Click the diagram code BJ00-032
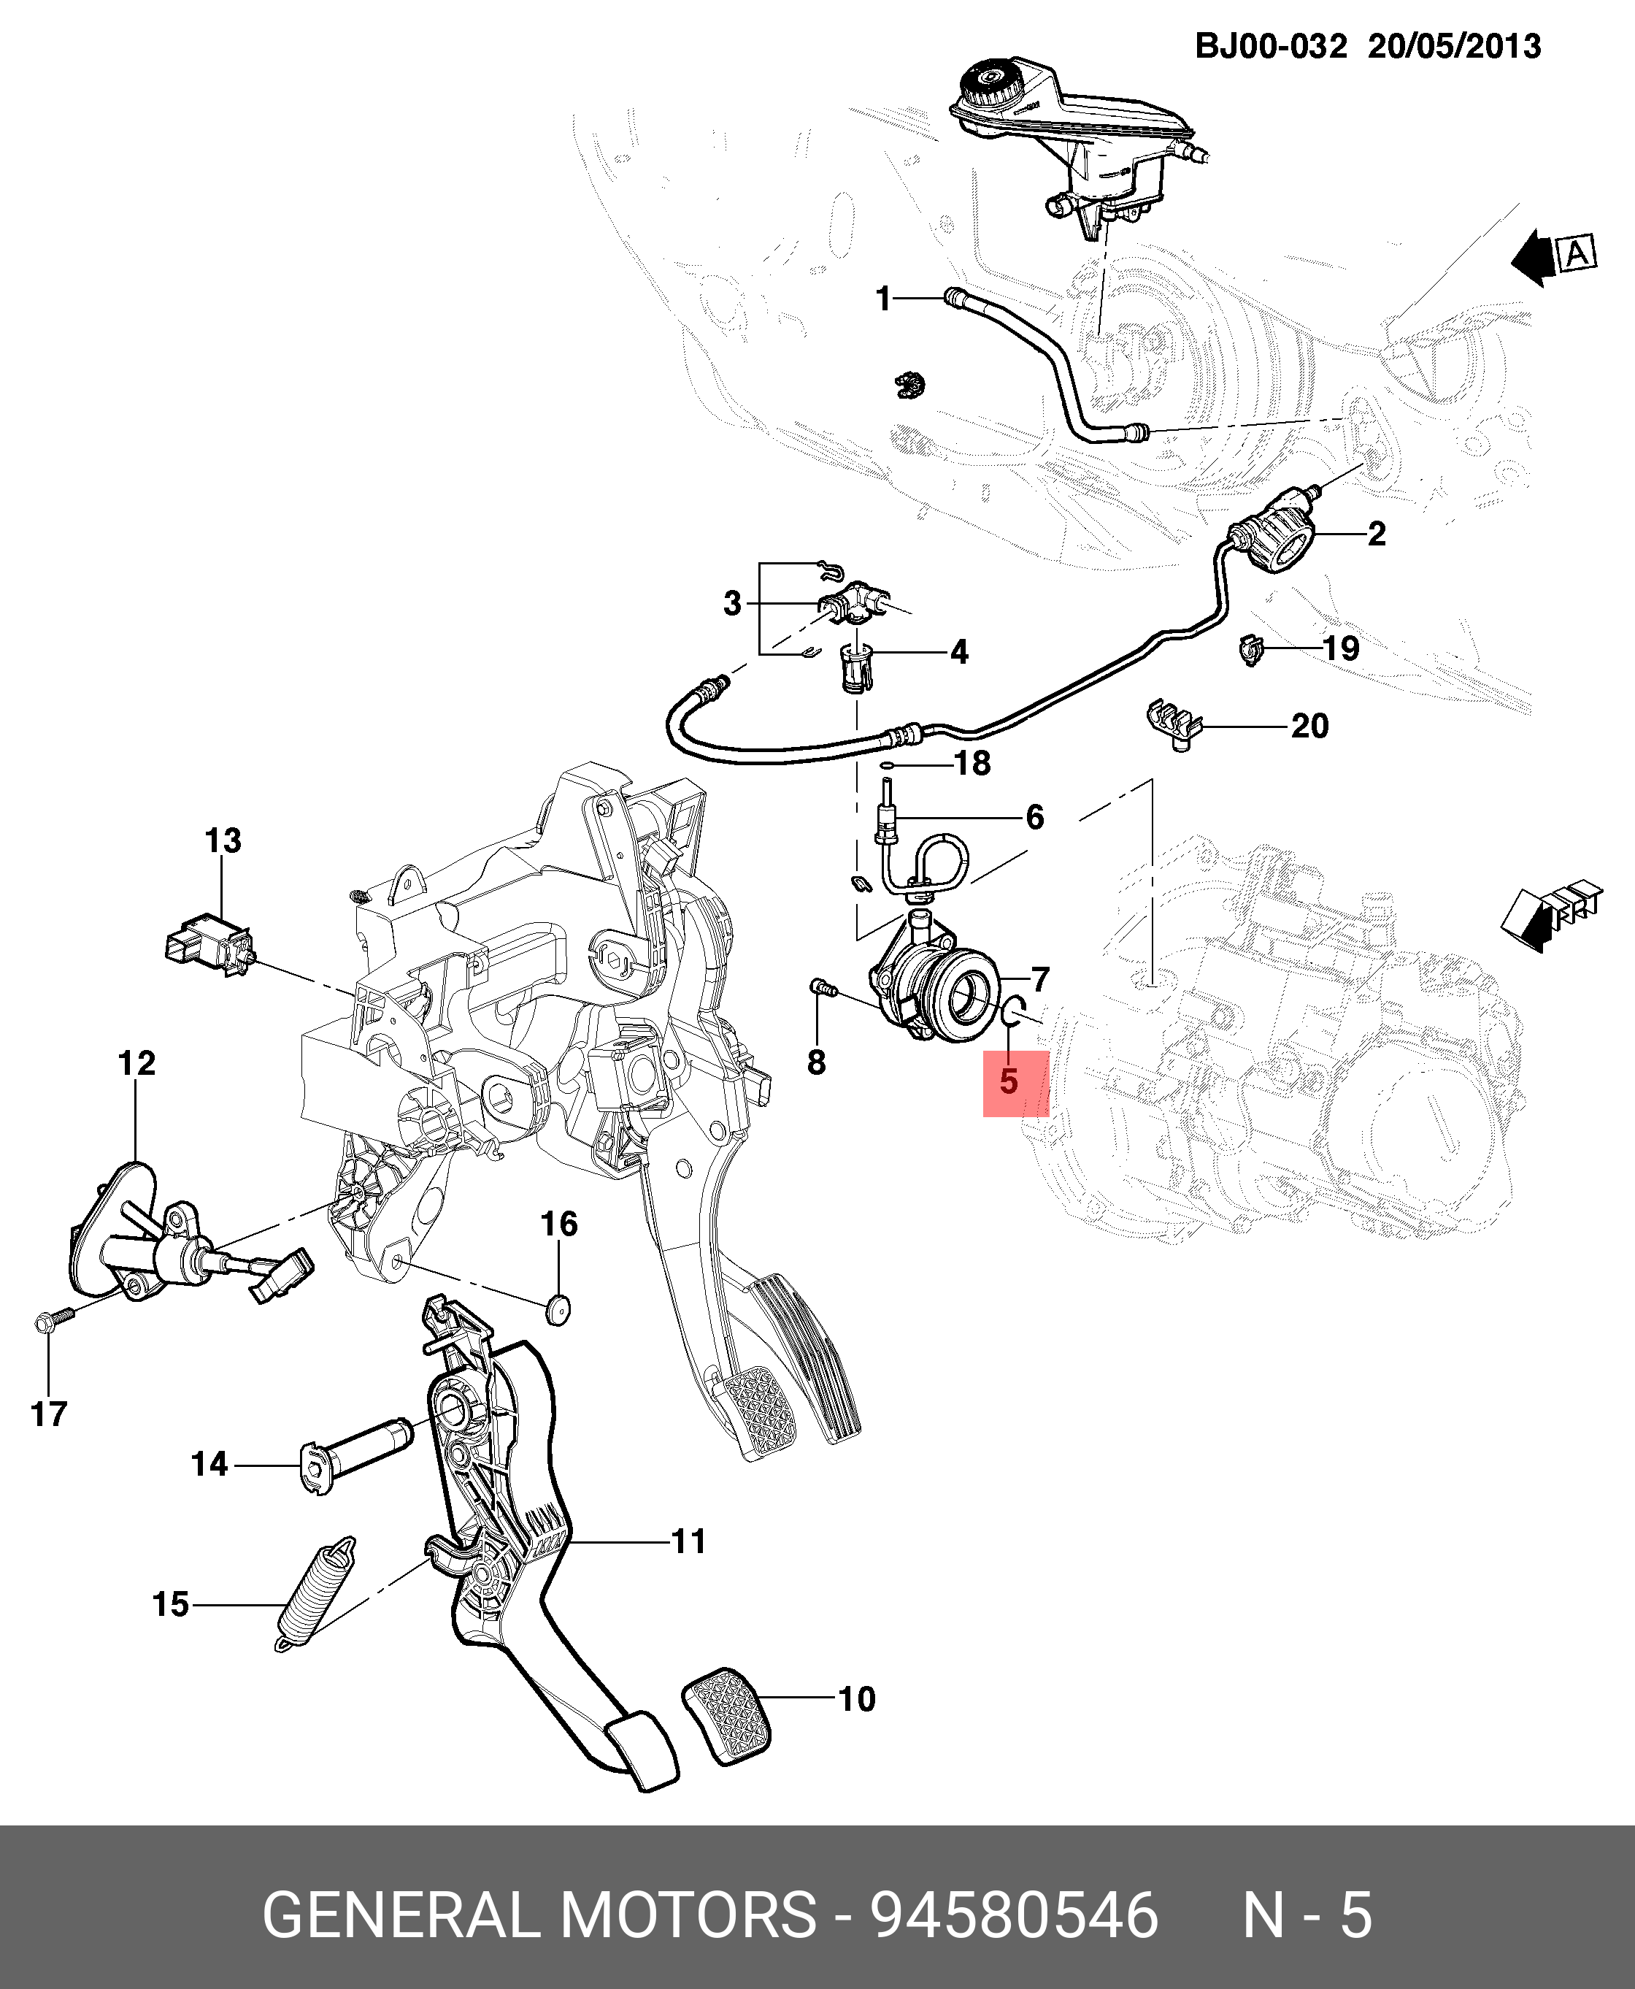[1271, 46]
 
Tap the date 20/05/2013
[1454, 46]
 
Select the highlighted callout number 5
[1009, 1081]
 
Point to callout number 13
[223, 840]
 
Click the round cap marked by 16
[558, 1308]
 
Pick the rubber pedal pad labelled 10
[726, 1717]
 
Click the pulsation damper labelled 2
[1275, 539]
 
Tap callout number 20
[1309, 727]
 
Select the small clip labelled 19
[1251, 649]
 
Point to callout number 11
[688, 1541]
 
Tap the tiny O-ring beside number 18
[886, 765]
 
